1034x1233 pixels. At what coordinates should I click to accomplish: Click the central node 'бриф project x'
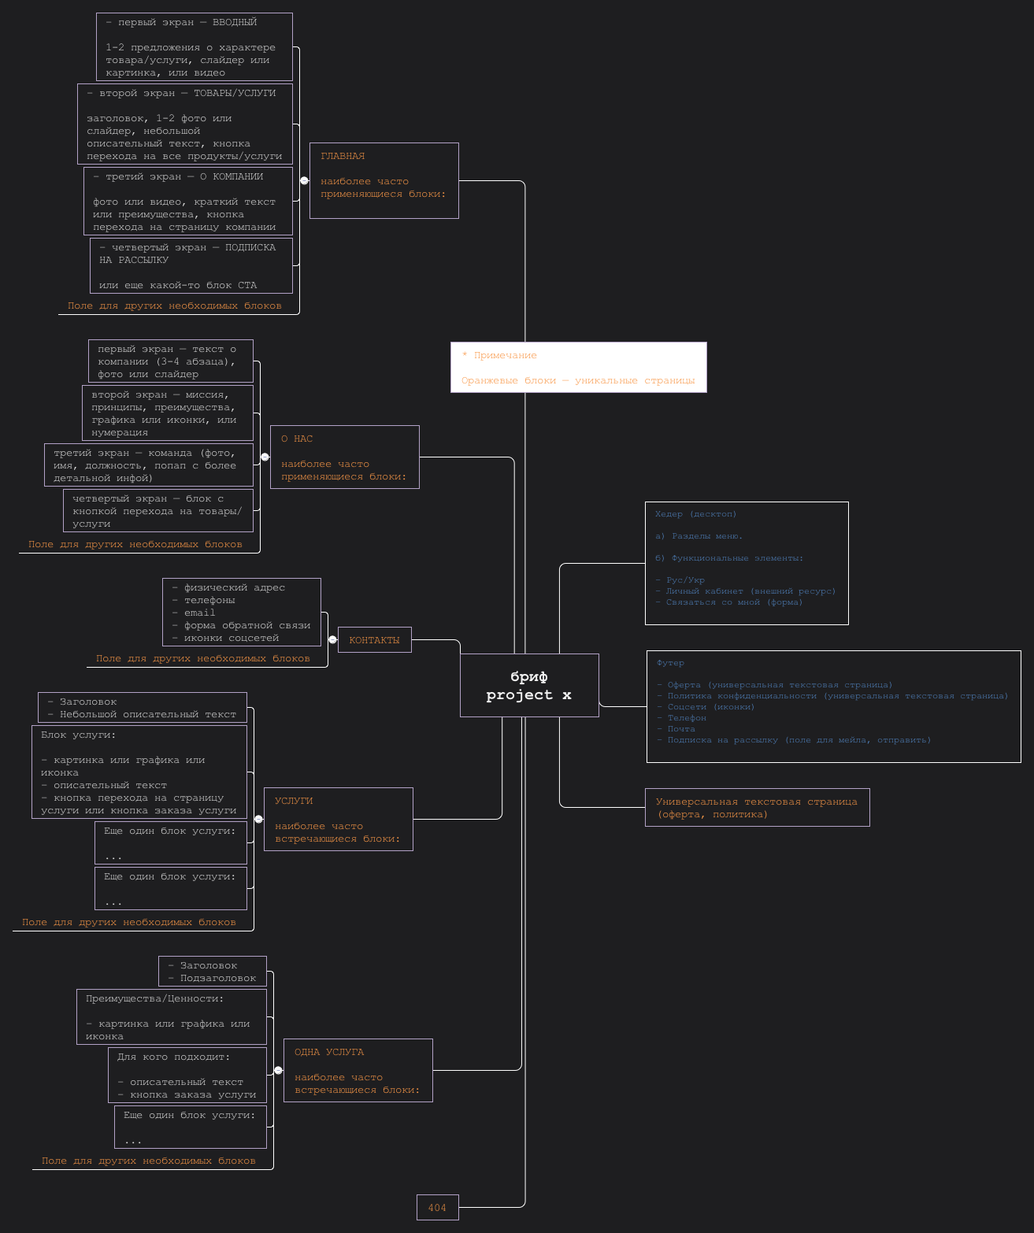529,685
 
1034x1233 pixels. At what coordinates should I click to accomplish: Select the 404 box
437,1208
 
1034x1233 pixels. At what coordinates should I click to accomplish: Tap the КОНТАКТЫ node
374,640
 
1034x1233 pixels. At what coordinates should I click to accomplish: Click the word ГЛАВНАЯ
343,156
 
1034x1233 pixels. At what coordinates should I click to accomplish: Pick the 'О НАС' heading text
297,439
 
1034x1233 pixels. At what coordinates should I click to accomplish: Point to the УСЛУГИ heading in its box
294,801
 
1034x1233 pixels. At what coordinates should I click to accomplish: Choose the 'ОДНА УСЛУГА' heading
329,1052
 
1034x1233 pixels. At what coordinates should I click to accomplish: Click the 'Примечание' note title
505,355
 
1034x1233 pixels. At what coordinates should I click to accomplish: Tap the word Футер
670,663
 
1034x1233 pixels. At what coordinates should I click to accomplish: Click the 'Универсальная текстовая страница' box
757,808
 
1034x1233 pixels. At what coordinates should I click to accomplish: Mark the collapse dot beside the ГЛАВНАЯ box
304,180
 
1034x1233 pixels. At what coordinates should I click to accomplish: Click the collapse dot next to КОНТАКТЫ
332,639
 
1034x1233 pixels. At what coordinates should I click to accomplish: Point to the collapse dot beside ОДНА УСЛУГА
278,1070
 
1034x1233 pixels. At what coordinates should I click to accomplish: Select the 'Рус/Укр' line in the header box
685,580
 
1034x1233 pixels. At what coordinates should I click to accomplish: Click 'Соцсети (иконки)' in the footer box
710,707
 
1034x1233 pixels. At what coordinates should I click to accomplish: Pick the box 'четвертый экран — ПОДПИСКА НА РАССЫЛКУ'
191,265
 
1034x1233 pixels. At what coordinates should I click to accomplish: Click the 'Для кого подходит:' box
187,1075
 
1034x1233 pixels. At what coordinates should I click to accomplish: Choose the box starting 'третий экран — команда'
149,465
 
